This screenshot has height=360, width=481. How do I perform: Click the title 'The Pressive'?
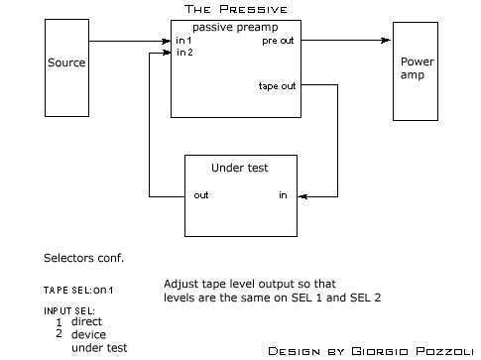point(236,9)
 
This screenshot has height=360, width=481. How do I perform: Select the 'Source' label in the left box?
point(66,62)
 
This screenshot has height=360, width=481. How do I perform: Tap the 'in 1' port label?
point(183,41)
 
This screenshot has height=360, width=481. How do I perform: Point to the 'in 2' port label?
point(184,53)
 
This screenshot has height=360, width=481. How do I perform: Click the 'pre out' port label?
point(278,41)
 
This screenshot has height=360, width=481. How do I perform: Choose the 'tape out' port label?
point(277,86)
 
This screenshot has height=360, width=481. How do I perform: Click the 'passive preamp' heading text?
point(235,27)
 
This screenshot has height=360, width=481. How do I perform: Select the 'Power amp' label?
point(417,68)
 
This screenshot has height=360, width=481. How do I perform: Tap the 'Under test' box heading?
point(240,168)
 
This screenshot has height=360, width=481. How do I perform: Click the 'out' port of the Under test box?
point(201,195)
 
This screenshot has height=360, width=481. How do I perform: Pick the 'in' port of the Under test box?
point(283,195)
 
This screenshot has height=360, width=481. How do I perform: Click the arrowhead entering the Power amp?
point(386,41)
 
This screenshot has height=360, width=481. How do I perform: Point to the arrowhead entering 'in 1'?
point(167,42)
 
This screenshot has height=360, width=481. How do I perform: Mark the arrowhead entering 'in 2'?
point(167,53)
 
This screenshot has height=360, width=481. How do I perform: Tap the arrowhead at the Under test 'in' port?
point(302,196)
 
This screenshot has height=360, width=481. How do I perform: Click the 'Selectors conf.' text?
point(83,258)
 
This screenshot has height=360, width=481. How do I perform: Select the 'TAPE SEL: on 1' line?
point(78,291)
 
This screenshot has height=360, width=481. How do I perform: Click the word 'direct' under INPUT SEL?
point(86,321)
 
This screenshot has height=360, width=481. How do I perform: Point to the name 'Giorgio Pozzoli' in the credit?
point(413,351)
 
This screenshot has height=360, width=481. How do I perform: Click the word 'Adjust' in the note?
point(180,285)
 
